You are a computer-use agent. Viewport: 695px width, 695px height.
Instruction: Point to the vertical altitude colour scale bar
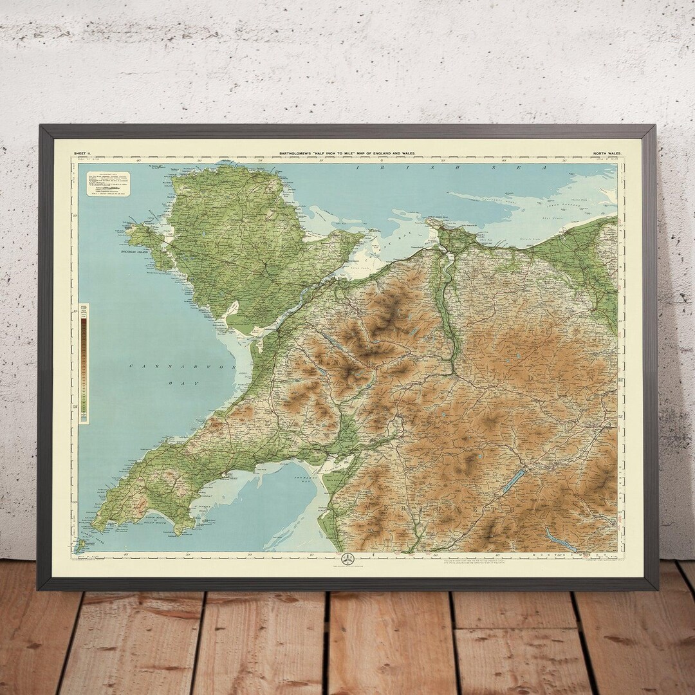point(84,364)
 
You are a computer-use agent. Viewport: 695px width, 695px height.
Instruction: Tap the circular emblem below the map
point(347,559)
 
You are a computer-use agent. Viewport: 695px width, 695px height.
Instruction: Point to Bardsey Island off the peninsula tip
point(80,546)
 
